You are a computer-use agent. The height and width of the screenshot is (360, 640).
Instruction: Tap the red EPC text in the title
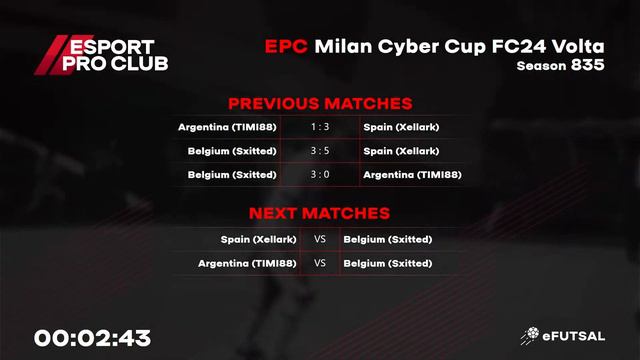pos(286,47)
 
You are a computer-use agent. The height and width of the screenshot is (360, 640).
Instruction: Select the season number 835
pos(587,66)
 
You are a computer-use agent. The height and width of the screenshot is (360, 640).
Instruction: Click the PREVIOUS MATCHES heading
pos(320,103)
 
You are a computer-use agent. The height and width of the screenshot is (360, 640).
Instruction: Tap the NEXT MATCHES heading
pos(319,213)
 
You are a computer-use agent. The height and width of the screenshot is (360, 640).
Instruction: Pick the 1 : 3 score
pos(320,127)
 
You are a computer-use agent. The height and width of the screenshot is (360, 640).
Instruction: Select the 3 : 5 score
pos(320,151)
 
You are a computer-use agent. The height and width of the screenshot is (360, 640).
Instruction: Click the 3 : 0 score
pos(320,175)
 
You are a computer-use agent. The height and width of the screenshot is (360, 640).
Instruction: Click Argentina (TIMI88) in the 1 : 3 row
pos(227,127)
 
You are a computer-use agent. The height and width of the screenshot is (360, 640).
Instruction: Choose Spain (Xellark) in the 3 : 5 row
pos(401,151)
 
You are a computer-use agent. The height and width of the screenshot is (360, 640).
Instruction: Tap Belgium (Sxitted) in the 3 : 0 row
pos(232,175)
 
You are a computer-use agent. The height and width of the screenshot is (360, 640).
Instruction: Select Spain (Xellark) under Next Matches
pos(259,239)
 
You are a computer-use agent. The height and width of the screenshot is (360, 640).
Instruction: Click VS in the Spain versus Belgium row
pos(320,239)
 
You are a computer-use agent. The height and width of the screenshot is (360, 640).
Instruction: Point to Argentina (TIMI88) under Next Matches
pos(247,263)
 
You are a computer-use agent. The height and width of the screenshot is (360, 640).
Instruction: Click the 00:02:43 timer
pos(92,337)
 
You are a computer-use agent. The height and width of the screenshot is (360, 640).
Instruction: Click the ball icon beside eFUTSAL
pos(531,337)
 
